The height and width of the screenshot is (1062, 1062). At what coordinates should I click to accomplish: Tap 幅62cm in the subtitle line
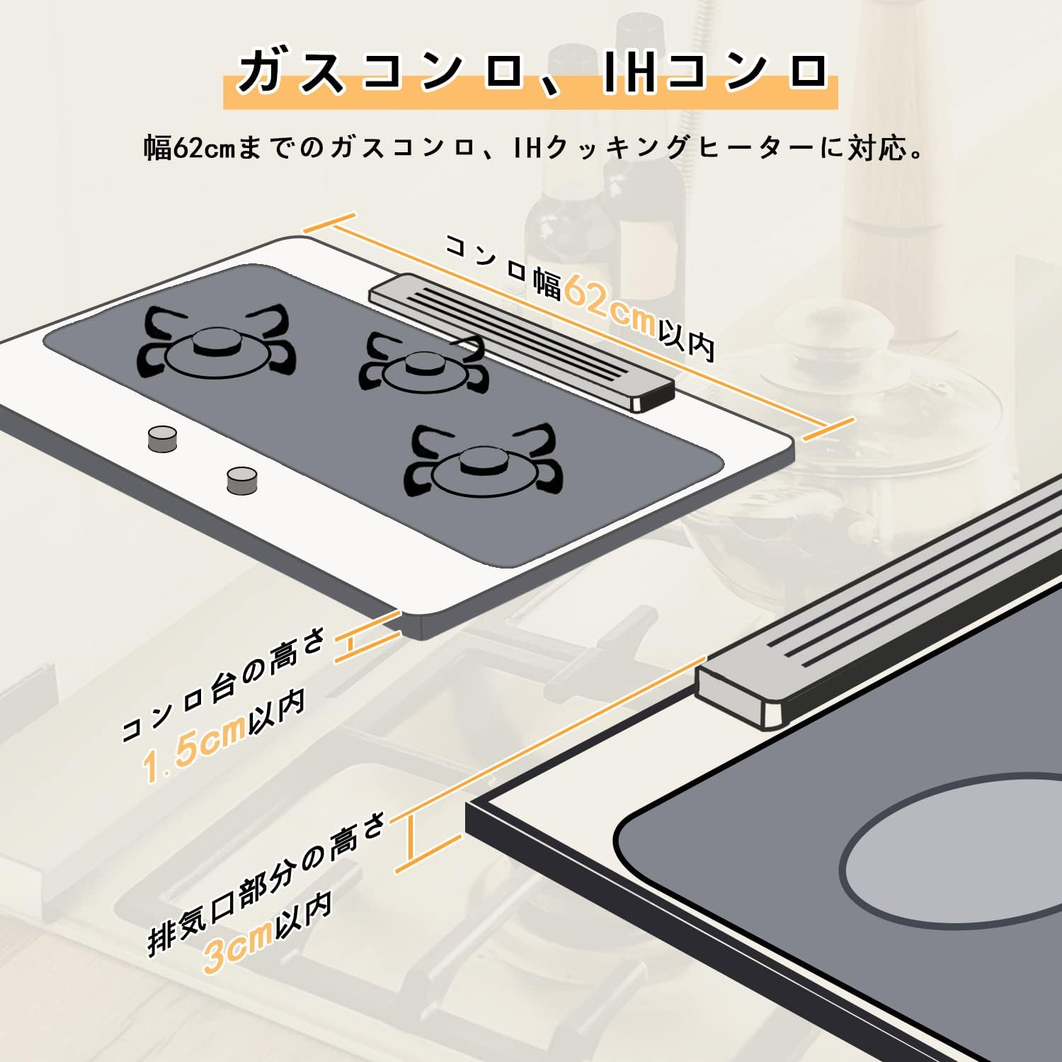click(190, 148)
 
